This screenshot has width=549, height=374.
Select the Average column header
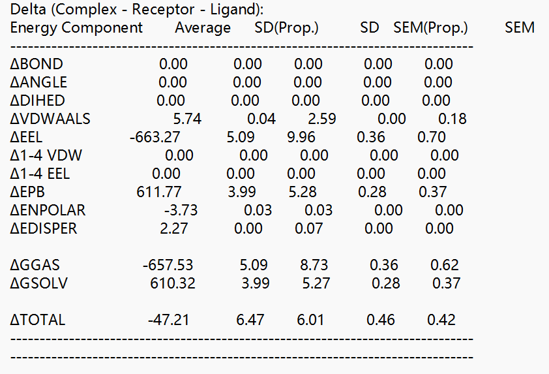(x=203, y=27)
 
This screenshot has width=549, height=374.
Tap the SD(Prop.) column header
(x=286, y=27)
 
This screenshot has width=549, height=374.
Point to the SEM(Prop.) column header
(x=430, y=27)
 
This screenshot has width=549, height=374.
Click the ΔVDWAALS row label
(x=50, y=119)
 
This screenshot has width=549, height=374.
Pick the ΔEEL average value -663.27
(x=155, y=137)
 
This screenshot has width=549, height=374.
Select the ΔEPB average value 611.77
(x=159, y=192)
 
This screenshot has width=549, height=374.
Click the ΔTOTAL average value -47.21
(x=168, y=320)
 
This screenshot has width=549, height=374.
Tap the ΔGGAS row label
(x=35, y=265)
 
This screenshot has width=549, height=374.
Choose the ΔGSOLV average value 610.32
(x=173, y=283)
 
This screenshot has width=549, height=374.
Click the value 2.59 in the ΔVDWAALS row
(x=321, y=119)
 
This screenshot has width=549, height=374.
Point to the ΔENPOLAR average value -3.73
(x=181, y=210)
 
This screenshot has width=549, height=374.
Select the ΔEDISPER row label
(x=44, y=228)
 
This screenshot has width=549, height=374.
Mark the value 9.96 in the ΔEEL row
(x=301, y=137)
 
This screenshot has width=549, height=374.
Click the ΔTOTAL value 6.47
(x=250, y=320)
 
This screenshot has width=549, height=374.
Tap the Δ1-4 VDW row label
(x=46, y=155)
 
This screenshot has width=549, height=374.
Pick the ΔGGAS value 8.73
(x=314, y=265)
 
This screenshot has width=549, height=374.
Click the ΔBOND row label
(x=37, y=64)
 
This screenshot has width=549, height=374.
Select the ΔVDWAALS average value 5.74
(x=187, y=119)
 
